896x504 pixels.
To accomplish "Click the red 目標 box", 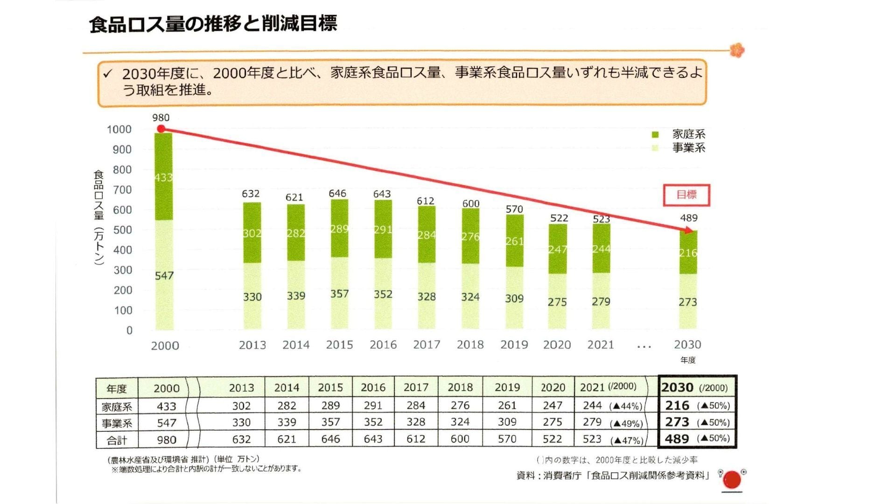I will pyautogui.click(x=686, y=195).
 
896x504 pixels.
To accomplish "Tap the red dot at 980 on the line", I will pyautogui.click(x=161, y=129).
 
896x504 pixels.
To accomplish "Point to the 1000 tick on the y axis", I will pyautogui.click(x=119, y=129).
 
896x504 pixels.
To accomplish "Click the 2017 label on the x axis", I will pyautogui.click(x=427, y=344).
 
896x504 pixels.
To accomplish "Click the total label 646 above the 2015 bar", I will pyautogui.click(x=337, y=193).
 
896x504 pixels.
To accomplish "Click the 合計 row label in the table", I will pyautogui.click(x=117, y=440).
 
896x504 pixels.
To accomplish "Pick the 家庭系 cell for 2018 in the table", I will pyautogui.click(x=460, y=405).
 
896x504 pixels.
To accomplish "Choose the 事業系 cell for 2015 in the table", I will pyautogui.click(x=330, y=422).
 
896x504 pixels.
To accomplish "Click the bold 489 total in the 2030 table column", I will pyautogui.click(x=677, y=439).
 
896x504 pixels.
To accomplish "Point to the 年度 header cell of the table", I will pyautogui.click(x=117, y=388).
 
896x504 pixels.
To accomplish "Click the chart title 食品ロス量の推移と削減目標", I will pyautogui.click(x=213, y=23).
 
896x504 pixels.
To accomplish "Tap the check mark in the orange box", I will pyautogui.click(x=108, y=74).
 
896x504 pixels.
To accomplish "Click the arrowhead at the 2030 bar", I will pyautogui.click(x=689, y=230).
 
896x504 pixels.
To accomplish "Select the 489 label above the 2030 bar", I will pyautogui.click(x=688, y=218).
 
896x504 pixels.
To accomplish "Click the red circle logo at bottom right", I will pyautogui.click(x=731, y=480).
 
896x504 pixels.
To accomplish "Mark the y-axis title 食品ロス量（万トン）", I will pyautogui.click(x=99, y=217).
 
